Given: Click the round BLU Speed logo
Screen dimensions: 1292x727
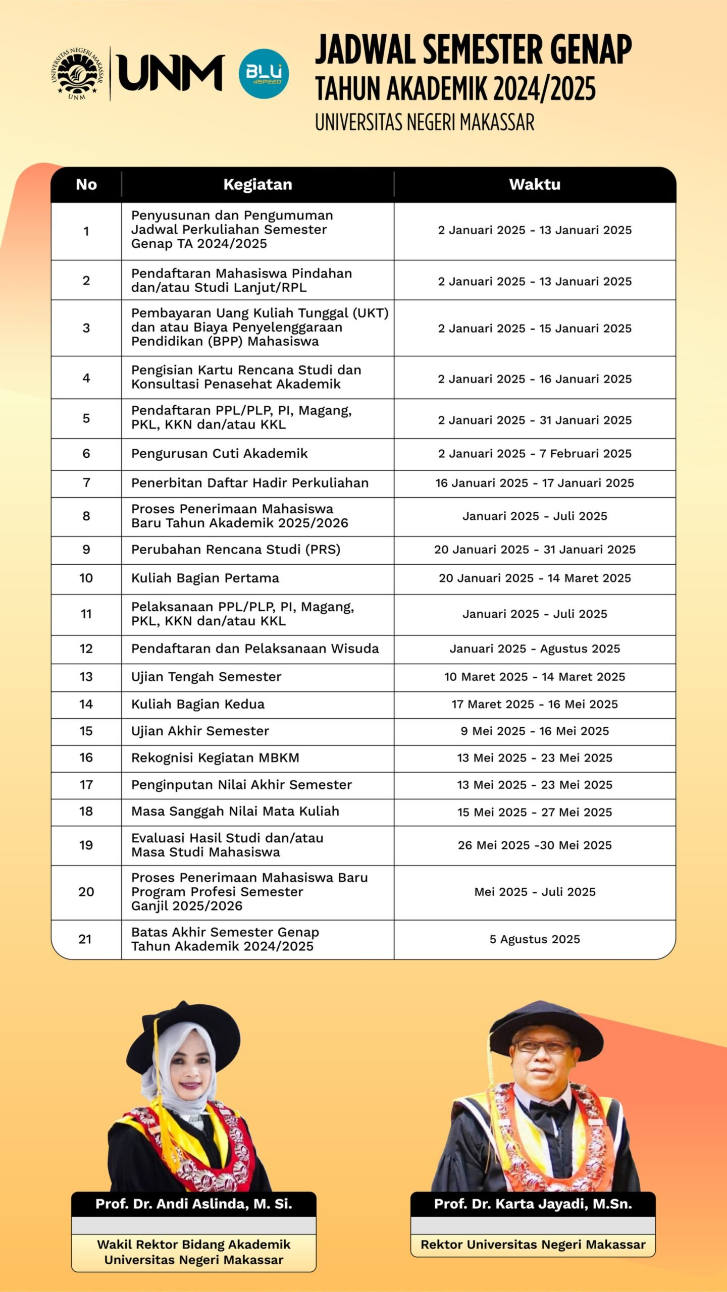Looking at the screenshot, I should [x=264, y=74].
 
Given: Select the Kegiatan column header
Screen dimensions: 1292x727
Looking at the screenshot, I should [x=257, y=185].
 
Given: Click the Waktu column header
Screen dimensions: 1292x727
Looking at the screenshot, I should [x=535, y=185].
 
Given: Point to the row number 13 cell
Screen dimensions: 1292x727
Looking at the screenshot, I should [x=86, y=677].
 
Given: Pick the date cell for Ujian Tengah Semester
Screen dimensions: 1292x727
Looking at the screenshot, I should [x=535, y=677].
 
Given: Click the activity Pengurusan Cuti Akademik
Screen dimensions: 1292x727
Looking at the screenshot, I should [x=219, y=454].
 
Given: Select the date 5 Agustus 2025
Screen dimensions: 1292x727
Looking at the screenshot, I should [x=535, y=939].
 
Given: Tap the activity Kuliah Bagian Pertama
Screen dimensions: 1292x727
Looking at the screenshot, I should [x=205, y=578].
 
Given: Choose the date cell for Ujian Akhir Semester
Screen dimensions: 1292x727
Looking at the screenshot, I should [x=535, y=731].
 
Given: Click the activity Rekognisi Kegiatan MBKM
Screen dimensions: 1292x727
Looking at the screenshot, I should [x=215, y=758].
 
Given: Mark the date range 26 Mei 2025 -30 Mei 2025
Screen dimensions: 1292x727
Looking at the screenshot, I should [x=535, y=845].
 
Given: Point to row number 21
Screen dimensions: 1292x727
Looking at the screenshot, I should [x=85, y=939].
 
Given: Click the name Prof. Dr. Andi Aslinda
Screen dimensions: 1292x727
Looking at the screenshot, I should [x=194, y=1204].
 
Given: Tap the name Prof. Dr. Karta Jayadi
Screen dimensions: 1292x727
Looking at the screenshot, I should [x=533, y=1204].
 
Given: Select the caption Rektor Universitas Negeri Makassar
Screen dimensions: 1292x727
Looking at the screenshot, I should [x=533, y=1245].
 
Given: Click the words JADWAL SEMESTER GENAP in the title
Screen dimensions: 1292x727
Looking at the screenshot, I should [x=473, y=50].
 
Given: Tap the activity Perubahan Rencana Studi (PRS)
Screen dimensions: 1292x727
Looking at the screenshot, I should [x=236, y=550].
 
